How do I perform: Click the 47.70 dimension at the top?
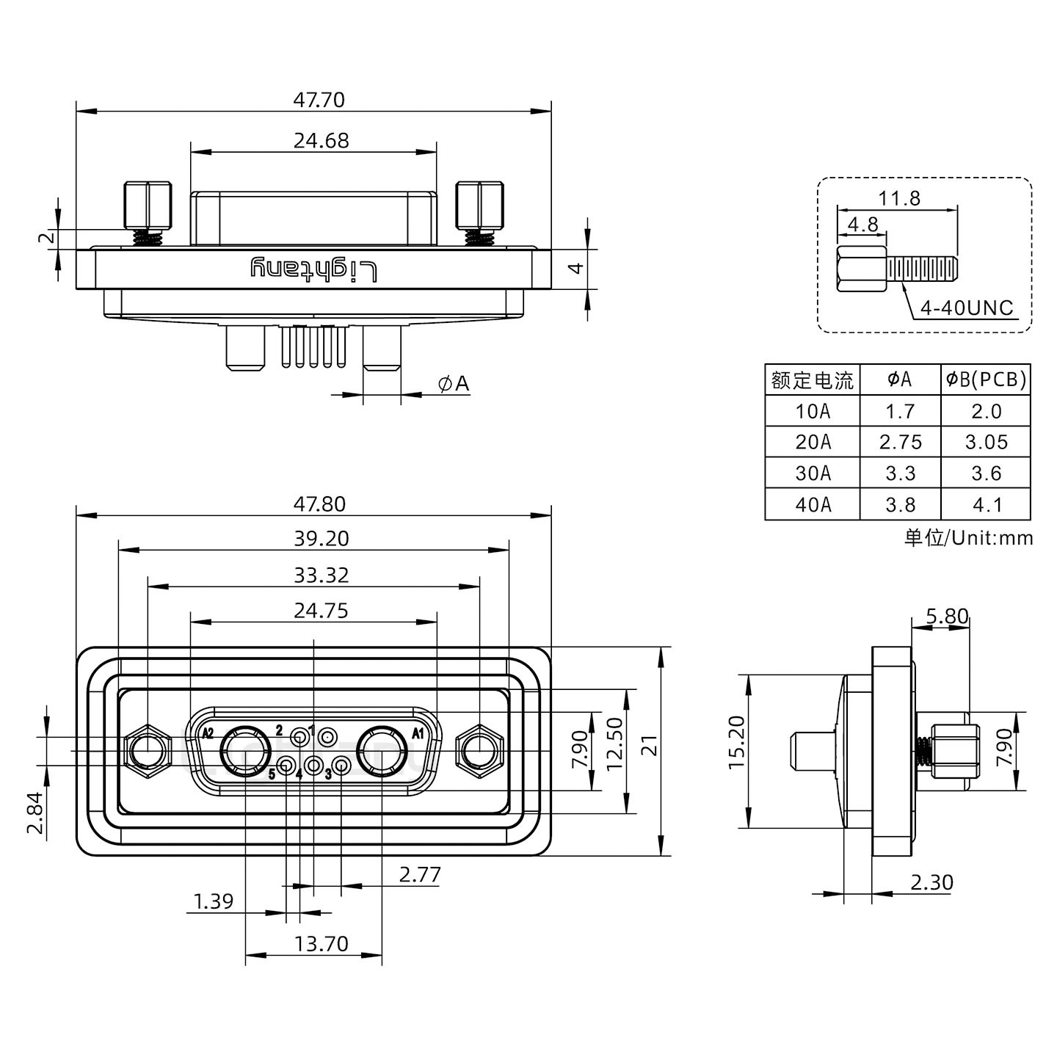coord(319,99)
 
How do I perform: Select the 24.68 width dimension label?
coord(321,140)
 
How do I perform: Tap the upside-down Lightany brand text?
coord(314,269)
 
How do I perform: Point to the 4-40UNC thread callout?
coord(966,308)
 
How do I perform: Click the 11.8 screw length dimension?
coord(899,198)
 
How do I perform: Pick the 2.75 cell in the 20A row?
coord(900,442)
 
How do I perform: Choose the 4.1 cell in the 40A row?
coord(986,505)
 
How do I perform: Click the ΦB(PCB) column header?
coord(986,379)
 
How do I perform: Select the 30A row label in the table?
coord(813,473)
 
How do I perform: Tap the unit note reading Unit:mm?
coord(968,538)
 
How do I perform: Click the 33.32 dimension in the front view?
coord(321,575)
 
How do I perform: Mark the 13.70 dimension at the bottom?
coord(321,943)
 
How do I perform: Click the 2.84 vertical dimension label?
coord(35,814)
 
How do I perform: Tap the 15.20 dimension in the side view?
coord(737,742)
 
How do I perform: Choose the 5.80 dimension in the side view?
coord(947,616)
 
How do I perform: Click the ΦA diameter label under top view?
coord(453,383)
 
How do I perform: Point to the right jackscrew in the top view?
coord(479,206)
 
